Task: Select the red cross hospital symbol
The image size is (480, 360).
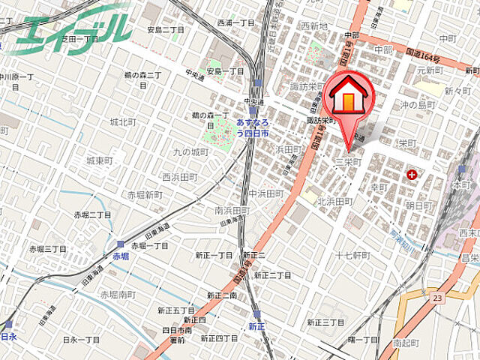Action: click(x=411, y=175)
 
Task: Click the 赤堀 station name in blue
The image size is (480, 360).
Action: click(x=121, y=256)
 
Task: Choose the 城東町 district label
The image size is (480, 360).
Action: click(x=99, y=160)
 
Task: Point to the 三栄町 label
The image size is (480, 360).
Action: click(x=348, y=162)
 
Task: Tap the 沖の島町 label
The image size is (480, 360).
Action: click(x=418, y=104)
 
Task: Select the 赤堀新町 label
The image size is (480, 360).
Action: click(x=144, y=195)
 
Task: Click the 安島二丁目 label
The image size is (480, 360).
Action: click(x=166, y=30)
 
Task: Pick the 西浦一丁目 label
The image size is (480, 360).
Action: click(x=236, y=23)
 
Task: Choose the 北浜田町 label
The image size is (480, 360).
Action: click(x=334, y=201)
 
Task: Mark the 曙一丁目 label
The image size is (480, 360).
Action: click(x=363, y=340)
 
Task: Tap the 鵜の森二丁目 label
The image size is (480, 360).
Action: click(x=143, y=75)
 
